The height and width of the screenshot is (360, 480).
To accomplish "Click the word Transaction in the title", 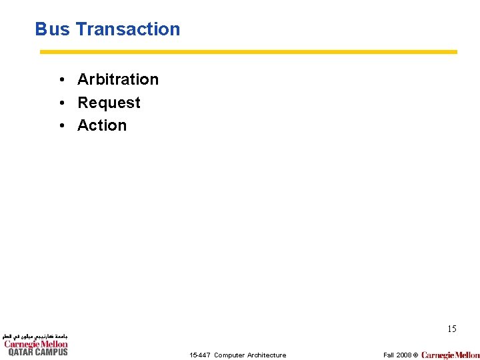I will [127, 29].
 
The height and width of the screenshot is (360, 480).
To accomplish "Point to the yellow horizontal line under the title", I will [248, 51].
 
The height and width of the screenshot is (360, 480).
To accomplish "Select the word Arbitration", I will [118, 79].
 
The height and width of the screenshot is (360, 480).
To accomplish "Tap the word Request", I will [109, 103].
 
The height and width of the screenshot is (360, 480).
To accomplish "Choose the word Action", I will [102, 125].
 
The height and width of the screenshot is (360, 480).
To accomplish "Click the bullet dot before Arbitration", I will [61, 80].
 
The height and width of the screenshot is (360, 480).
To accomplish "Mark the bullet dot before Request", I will [61, 103].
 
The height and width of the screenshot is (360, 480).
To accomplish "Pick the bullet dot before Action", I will [61, 126].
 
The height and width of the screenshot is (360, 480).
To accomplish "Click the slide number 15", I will [451, 329].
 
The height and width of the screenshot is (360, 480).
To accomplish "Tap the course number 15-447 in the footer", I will [199, 355].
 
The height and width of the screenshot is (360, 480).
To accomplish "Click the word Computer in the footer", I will [229, 355].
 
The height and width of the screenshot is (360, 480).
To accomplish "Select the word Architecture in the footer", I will [267, 355].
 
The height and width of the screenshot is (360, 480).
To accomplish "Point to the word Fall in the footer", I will [389, 355].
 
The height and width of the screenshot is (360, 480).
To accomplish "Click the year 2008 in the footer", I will [403, 355].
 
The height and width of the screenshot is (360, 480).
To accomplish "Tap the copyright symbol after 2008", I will [415, 355].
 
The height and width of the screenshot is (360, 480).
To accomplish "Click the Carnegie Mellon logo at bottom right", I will [450, 355].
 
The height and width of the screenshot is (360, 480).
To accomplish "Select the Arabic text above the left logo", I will [35, 337].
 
